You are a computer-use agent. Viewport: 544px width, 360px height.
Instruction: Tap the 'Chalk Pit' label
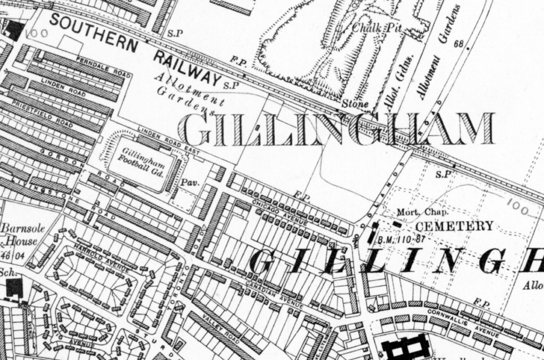[x=377, y=28]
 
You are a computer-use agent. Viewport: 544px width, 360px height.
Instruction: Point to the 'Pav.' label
[x=190, y=183]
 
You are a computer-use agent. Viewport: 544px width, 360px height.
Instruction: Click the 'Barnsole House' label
[x=20, y=235]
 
